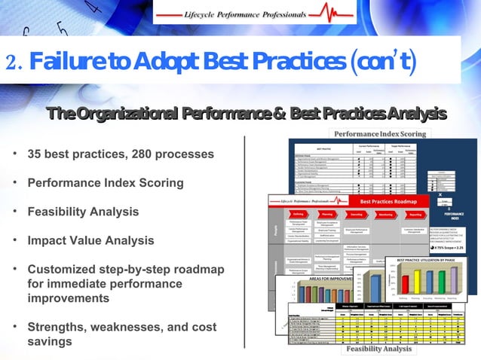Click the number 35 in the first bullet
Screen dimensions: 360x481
35,154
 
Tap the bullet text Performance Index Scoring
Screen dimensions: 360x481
105,183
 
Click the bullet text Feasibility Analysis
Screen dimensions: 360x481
83,212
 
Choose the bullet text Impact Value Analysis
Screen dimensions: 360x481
90,241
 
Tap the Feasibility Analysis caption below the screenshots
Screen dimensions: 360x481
379,349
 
